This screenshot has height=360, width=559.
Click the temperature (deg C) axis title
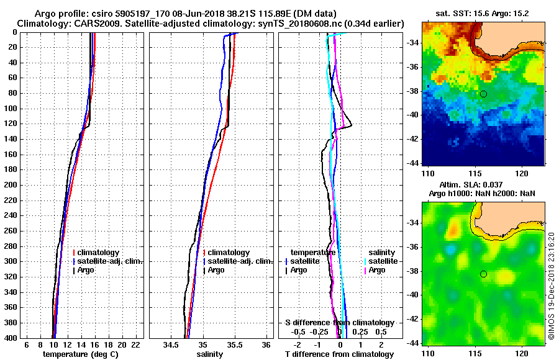point(80,354)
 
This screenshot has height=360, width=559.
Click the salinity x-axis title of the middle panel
point(209,354)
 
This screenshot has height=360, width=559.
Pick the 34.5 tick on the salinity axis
point(171,344)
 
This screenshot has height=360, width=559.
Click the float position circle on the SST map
point(483,94)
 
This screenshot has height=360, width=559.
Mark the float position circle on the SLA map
point(483,274)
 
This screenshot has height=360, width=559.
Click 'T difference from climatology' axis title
point(339,354)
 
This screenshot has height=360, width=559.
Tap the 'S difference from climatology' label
point(339,323)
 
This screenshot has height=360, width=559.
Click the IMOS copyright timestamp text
point(552,286)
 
